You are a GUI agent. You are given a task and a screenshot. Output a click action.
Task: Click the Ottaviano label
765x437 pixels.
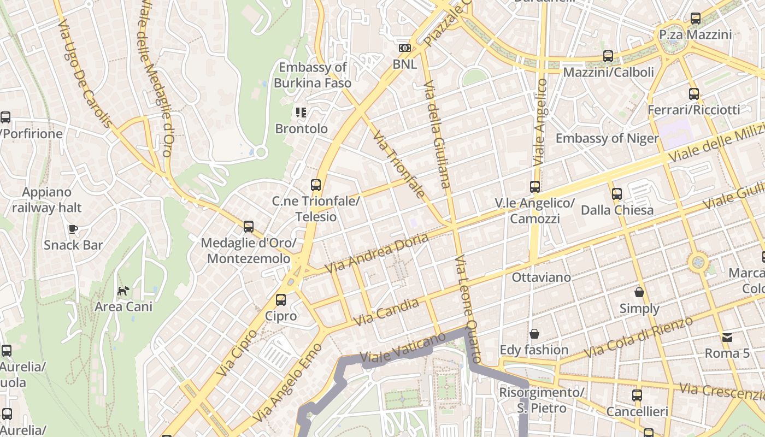(541, 277)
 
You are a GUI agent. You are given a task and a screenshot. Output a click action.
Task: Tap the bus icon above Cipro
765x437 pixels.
(281, 299)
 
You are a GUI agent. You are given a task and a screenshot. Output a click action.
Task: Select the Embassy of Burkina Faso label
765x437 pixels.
(313, 75)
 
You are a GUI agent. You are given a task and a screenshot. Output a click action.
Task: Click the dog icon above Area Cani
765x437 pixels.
(123, 290)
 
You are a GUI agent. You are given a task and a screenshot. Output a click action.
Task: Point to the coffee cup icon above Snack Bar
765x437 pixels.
(73, 228)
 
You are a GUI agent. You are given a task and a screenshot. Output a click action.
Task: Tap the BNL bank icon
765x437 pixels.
(404, 48)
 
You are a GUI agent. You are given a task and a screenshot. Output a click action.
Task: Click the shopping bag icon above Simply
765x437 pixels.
(639, 292)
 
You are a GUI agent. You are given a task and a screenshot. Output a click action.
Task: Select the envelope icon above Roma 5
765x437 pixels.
(727, 337)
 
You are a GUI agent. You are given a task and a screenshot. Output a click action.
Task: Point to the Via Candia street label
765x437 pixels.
(386, 312)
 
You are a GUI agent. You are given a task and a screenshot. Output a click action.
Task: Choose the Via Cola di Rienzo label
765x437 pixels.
(639, 337)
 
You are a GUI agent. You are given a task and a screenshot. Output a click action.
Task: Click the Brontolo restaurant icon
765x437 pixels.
(301, 113)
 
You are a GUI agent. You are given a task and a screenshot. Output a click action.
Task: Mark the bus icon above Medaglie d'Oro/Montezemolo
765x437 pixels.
(249, 226)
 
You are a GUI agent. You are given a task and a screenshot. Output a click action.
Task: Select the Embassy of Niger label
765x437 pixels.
(607, 138)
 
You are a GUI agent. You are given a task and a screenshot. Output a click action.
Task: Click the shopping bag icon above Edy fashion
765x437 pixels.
(534, 333)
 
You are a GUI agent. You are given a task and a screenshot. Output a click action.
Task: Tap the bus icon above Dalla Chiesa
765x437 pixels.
(617, 193)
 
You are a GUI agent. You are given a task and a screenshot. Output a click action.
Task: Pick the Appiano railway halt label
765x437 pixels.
(47, 200)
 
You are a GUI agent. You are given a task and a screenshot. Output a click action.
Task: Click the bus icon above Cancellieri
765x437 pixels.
(637, 395)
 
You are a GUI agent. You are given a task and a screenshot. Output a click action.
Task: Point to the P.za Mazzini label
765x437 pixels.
(695, 35)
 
